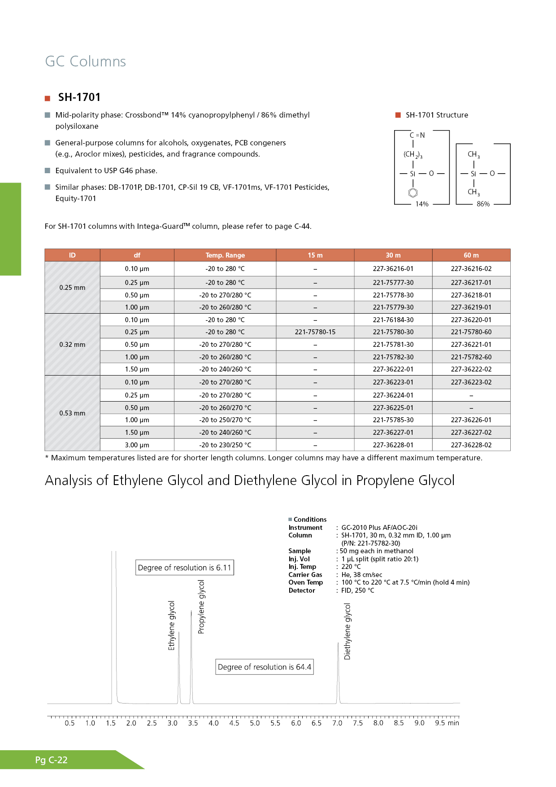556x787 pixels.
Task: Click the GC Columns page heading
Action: [86, 61]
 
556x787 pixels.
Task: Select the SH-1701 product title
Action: [79, 97]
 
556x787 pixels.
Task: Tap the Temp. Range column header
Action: [225, 255]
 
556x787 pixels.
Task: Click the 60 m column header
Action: [471, 255]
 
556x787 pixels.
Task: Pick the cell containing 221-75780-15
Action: [315, 332]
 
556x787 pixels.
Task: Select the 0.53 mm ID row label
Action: [72, 413]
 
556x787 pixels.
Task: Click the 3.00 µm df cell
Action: [137, 445]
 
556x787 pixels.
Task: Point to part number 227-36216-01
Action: [393, 269]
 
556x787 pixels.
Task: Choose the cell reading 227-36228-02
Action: [471, 445]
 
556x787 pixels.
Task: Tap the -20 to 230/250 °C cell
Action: [225, 445]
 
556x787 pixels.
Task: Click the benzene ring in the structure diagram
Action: [413, 193]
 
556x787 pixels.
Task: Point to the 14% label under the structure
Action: [422, 204]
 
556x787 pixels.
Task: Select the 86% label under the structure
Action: [483, 204]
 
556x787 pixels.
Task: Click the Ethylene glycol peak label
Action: [171, 625]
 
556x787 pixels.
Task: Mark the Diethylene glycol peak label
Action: [347, 631]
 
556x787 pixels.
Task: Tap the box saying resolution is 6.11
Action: [184, 568]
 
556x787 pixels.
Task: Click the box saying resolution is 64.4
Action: [264, 667]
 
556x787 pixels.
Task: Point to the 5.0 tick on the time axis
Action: [255, 723]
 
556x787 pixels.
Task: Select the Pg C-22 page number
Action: [51, 760]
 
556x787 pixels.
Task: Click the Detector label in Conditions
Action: [302, 590]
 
